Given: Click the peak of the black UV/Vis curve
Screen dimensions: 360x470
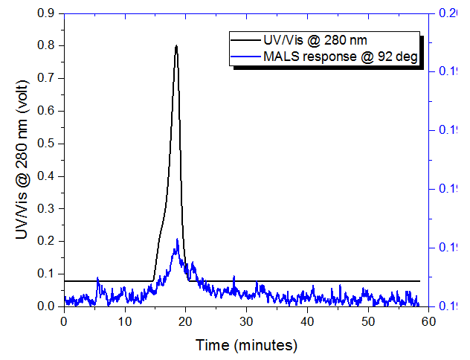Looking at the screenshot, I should [176, 46].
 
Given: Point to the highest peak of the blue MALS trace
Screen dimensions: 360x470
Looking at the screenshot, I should [177, 240].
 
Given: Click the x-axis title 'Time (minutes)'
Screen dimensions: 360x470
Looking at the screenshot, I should [246, 345].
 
